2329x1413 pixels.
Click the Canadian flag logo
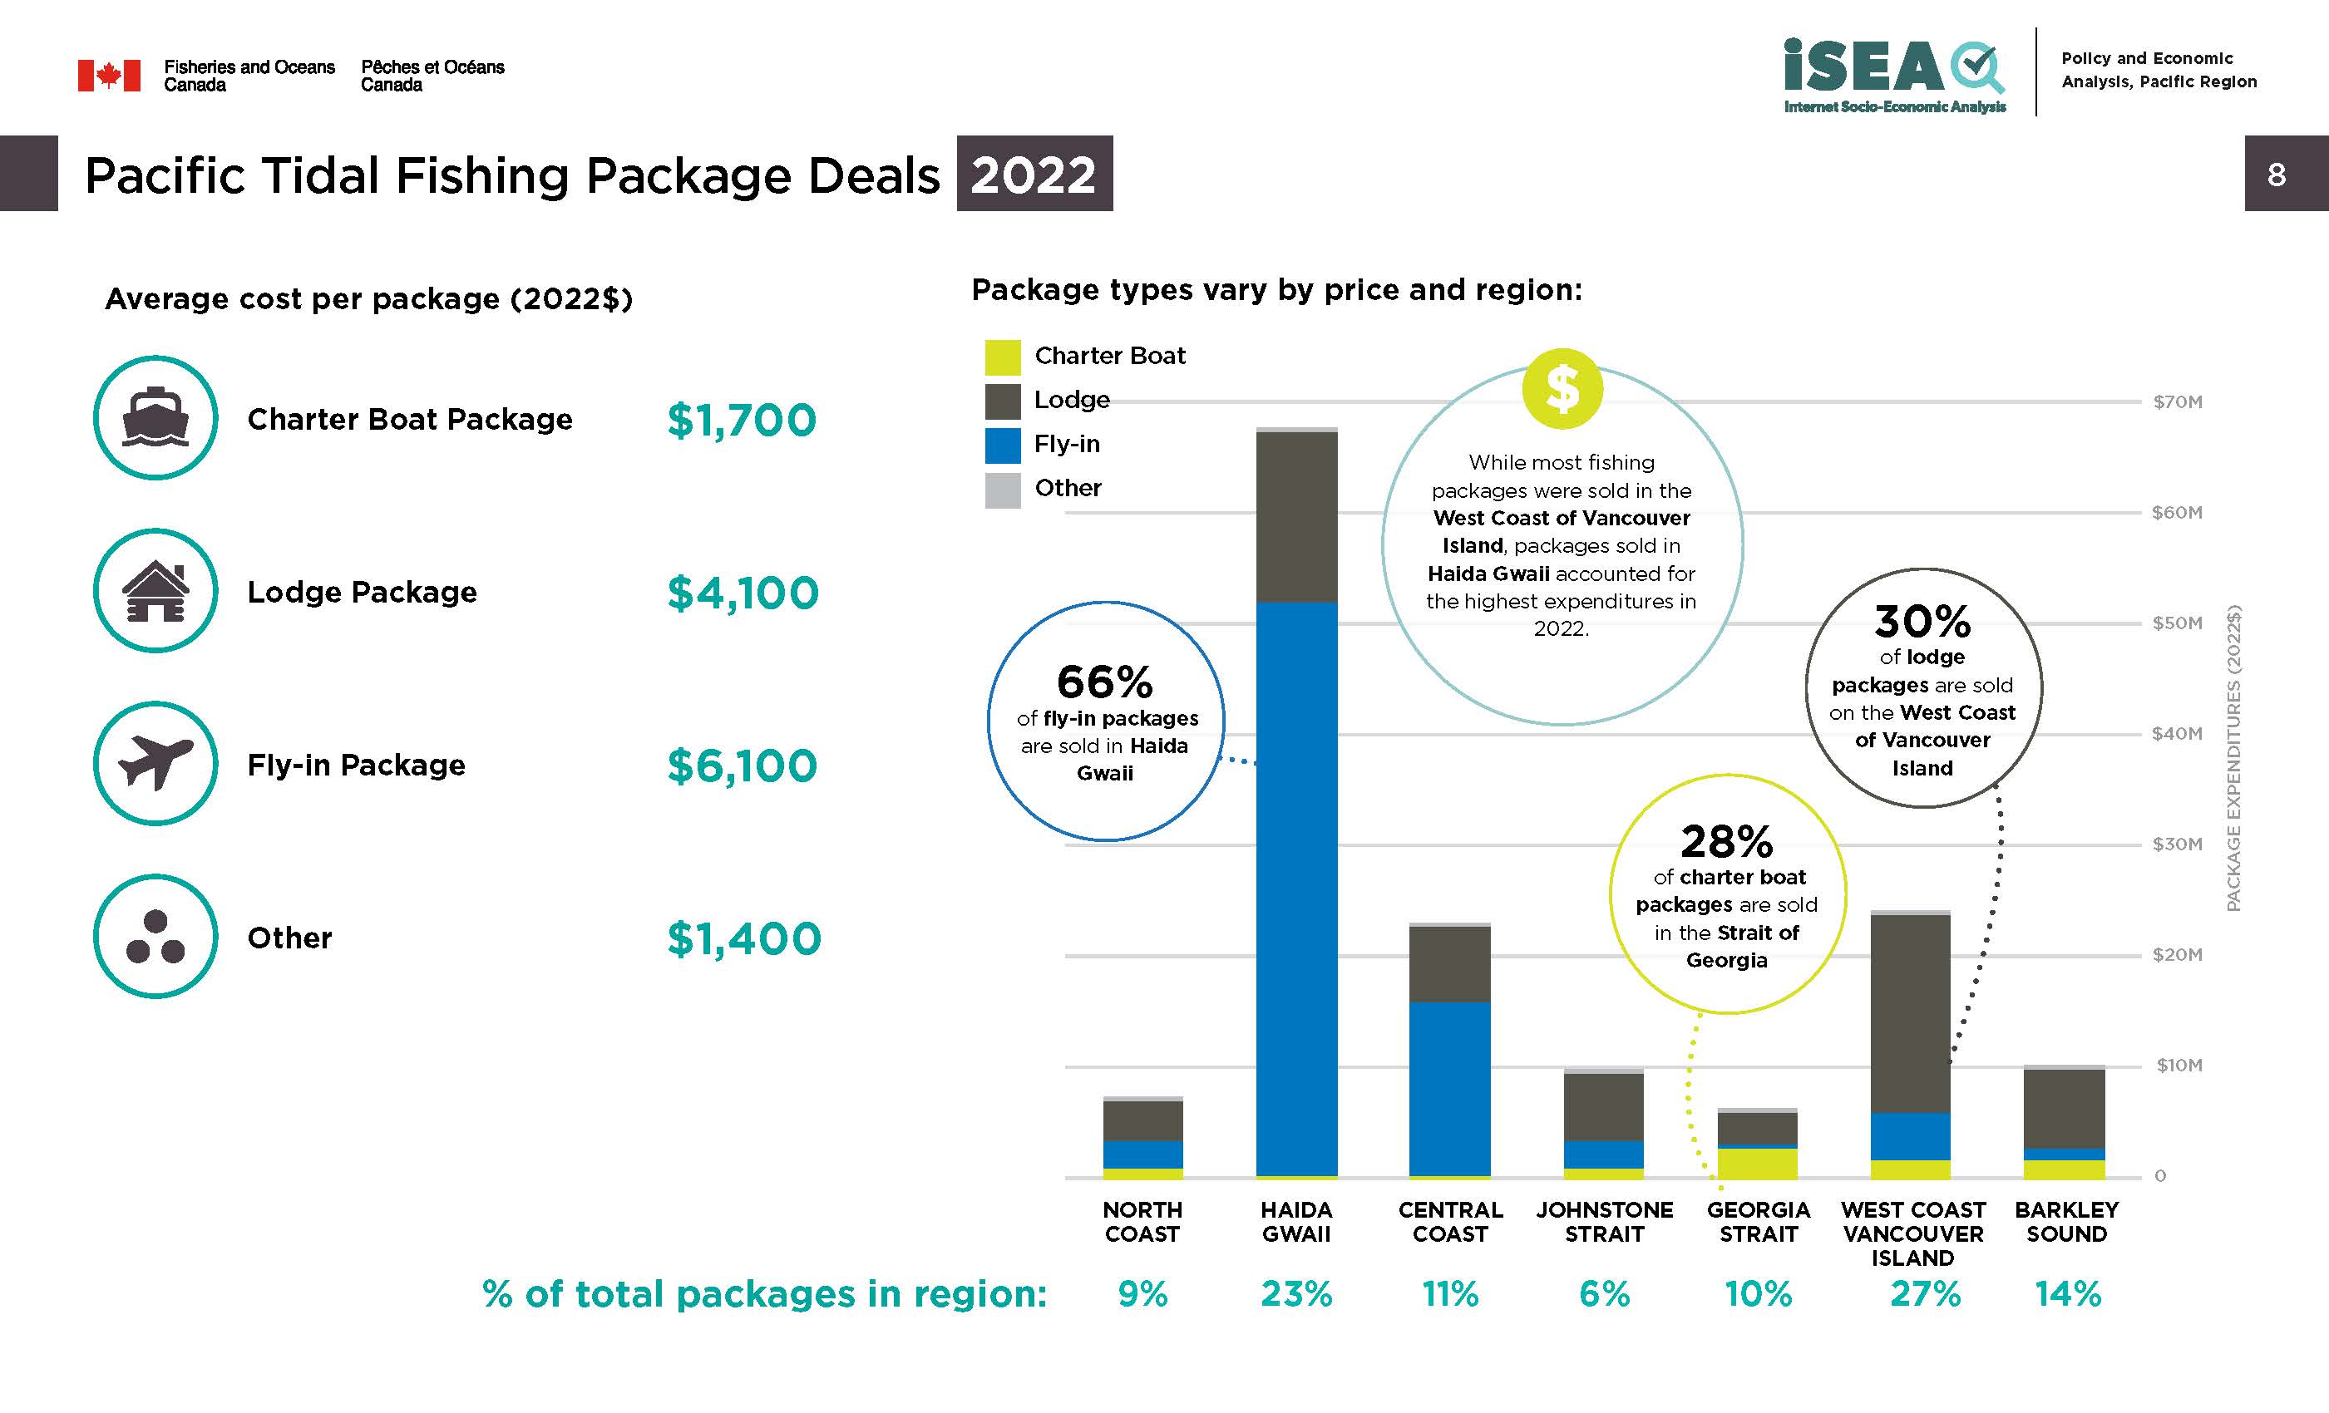click(109, 76)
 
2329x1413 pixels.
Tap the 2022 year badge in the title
click(1034, 174)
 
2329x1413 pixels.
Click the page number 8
click(2276, 174)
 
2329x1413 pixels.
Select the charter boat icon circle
click(156, 418)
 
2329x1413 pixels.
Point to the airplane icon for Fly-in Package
click(156, 763)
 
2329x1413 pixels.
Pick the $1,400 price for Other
click(744, 938)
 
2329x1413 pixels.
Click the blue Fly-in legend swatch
click(1002, 446)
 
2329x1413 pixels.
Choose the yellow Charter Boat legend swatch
click(1002, 357)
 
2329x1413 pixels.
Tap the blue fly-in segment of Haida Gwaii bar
click(1296, 889)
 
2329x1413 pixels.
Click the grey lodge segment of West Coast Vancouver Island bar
click(1910, 1013)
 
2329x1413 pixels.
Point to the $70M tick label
click(2177, 402)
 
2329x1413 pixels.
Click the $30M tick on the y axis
click(2177, 844)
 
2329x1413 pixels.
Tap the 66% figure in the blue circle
click(1104, 682)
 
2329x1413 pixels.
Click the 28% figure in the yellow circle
click(1726, 841)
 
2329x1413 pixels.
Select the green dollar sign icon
click(1562, 388)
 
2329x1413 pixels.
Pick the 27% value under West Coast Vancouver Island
click(1924, 1293)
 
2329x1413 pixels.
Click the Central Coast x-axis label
click(1450, 1222)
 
